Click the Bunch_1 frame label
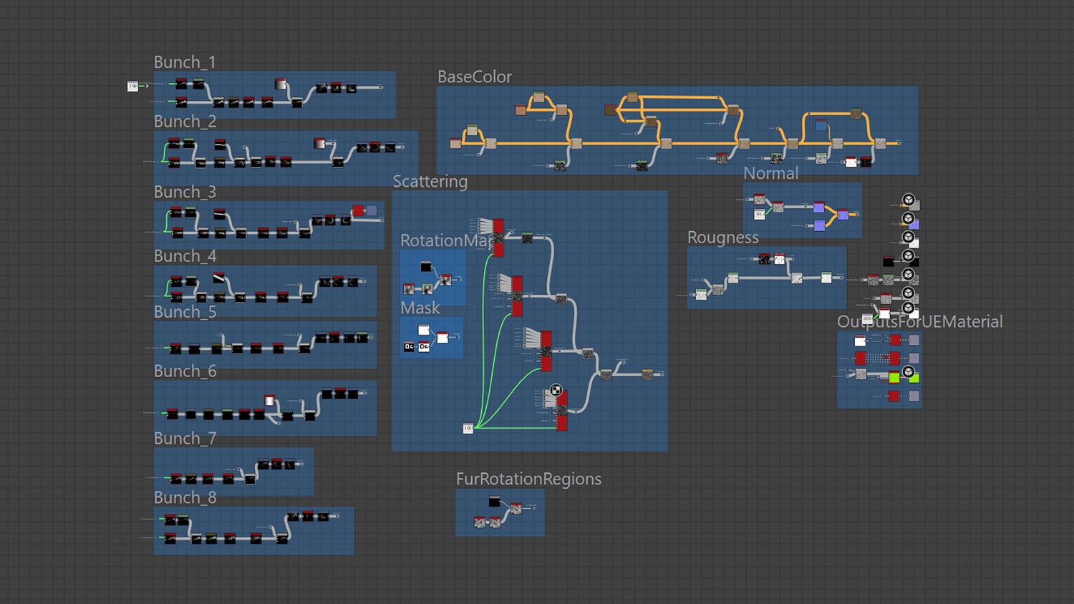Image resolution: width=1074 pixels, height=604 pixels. (x=185, y=62)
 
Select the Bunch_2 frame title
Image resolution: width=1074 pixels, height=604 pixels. (x=185, y=122)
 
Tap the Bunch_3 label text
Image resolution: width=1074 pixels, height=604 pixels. (x=185, y=192)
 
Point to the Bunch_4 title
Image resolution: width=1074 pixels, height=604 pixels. (x=185, y=256)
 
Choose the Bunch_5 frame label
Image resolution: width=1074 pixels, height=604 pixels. (x=185, y=312)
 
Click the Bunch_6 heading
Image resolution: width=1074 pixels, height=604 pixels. (x=185, y=371)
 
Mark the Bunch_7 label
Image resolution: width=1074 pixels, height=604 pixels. (x=185, y=439)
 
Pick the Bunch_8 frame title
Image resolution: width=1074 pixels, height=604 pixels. (x=185, y=498)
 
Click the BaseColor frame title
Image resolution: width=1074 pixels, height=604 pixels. (x=475, y=77)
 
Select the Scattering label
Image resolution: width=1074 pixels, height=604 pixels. (x=430, y=182)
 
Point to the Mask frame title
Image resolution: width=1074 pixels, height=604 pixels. (x=420, y=308)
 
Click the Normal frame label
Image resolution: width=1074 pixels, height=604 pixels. (x=770, y=173)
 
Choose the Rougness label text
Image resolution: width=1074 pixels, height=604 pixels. (x=722, y=238)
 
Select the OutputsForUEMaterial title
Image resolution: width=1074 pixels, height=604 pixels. (x=919, y=322)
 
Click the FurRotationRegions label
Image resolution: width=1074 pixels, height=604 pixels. (x=528, y=479)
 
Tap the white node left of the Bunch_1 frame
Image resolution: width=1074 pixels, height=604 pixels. (x=132, y=87)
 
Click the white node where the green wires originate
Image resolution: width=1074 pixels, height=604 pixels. (x=468, y=429)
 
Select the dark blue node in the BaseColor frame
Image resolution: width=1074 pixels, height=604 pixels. (x=821, y=126)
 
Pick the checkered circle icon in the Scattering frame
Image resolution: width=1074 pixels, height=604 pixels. (x=556, y=390)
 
